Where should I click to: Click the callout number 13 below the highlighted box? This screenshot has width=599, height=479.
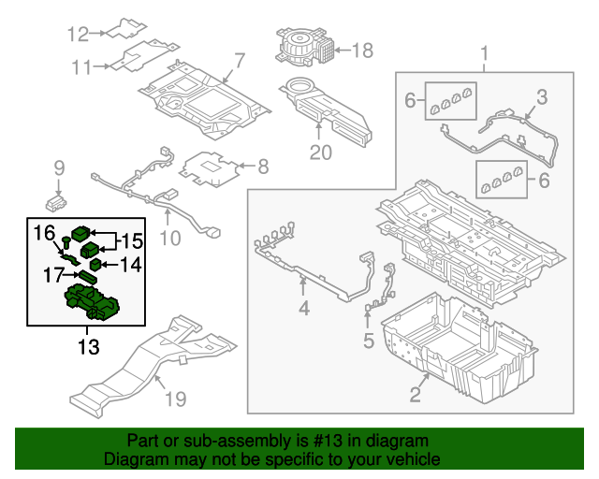pyautogui.click(x=89, y=347)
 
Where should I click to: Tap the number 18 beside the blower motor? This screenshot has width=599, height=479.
pyautogui.click(x=362, y=50)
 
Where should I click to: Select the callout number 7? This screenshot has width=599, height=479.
pyautogui.click(x=240, y=61)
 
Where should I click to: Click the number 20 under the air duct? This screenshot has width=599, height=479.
pyautogui.click(x=320, y=152)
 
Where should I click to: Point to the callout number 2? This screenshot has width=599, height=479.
pyautogui.click(x=416, y=394)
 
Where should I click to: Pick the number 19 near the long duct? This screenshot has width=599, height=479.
pyautogui.click(x=175, y=399)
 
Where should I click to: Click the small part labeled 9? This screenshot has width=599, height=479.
pyautogui.click(x=56, y=203)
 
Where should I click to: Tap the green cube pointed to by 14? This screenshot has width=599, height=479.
pyautogui.click(x=95, y=264)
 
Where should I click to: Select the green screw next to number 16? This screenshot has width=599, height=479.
pyautogui.click(x=66, y=241)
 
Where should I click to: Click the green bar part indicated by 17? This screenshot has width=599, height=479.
pyautogui.click(x=87, y=277)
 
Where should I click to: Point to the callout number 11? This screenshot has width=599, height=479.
pyautogui.click(x=82, y=67)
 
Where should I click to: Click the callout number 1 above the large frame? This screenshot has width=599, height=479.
pyautogui.click(x=484, y=53)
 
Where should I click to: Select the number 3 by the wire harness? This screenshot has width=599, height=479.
pyautogui.click(x=542, y=97)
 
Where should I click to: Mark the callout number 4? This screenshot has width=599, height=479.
pyautogui.click(x=303, y=308)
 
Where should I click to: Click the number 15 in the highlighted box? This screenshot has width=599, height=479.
pyautogui.click(x=132, y=241)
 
